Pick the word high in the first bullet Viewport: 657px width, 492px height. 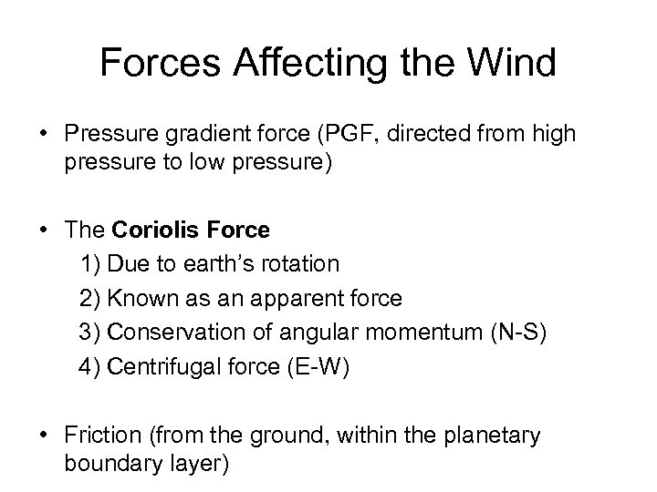557,136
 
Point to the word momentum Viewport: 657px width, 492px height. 420,333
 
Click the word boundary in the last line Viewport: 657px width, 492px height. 109,462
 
